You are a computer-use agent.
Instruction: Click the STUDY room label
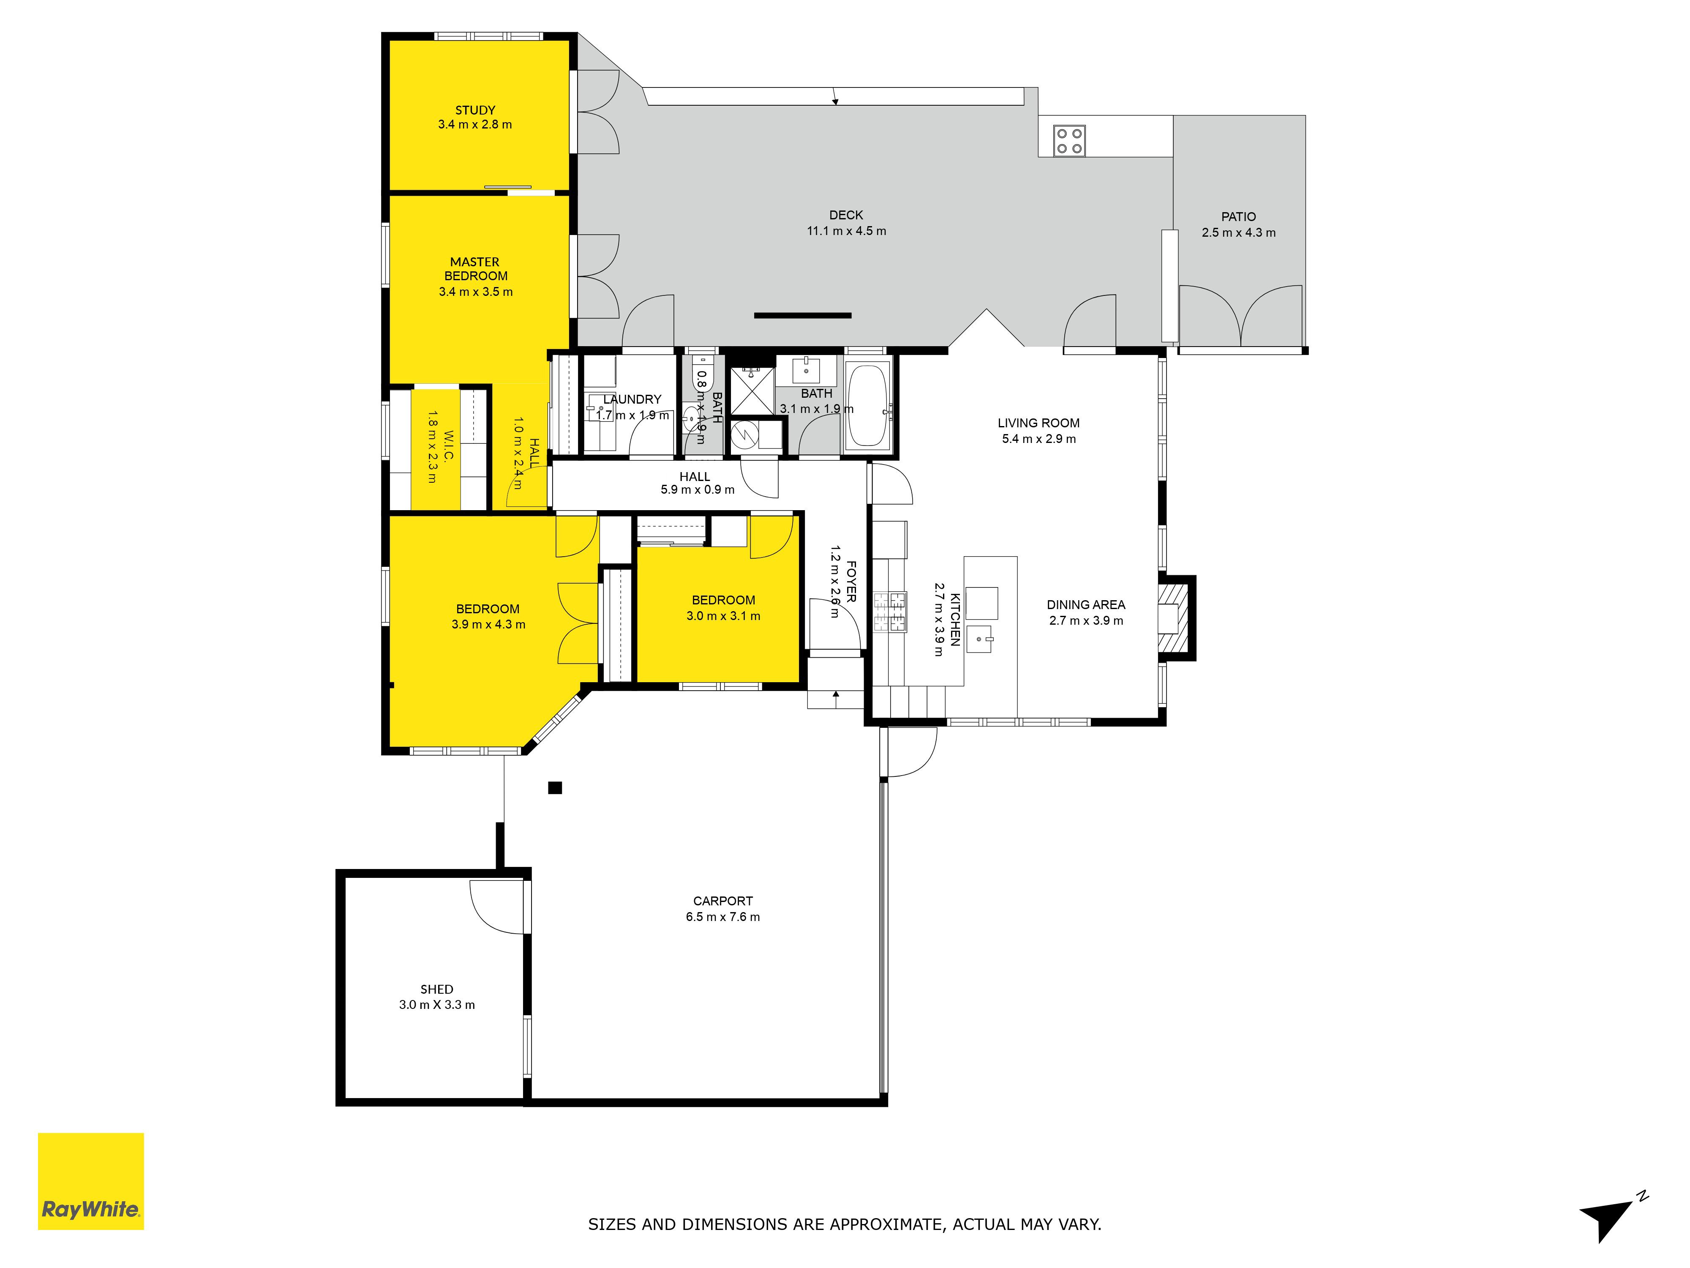coord(475,110)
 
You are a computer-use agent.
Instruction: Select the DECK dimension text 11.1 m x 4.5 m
coord(847,231)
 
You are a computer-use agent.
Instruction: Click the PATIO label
coord(1238,217)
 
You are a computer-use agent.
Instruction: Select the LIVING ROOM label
coord(1039,423)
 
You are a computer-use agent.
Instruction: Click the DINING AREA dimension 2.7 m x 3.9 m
coord(1086,620)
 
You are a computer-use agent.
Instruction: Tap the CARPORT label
coord(723,901)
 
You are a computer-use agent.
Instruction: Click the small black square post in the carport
coord(556,788)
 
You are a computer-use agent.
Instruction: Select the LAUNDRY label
coord(632,399)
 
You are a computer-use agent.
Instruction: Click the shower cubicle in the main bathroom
coord(752,391)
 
